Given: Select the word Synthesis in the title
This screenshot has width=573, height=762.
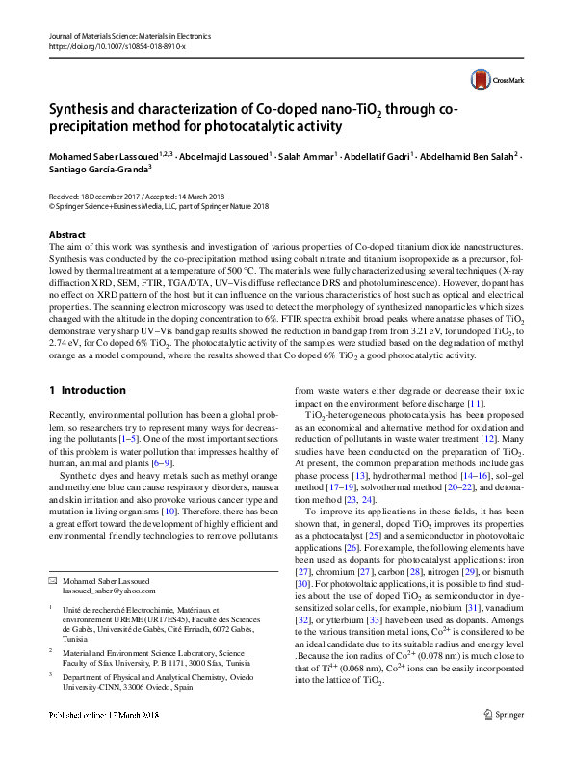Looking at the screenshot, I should tap(80, 109).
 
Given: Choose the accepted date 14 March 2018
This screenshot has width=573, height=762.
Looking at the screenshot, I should tap(195, 196).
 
